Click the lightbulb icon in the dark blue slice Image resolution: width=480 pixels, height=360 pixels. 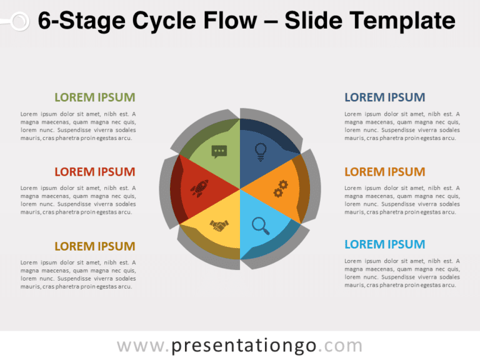261,150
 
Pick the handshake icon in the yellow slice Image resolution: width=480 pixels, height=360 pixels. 219,225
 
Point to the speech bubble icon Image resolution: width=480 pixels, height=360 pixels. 219,151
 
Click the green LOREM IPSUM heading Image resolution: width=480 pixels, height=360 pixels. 94,97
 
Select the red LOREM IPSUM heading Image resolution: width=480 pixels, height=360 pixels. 94,171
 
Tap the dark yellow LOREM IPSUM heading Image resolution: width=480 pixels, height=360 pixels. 94,246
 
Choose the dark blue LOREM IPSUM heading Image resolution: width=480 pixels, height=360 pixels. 384,97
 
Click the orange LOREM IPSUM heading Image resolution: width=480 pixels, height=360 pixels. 384,171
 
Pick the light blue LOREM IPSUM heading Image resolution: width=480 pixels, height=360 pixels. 384,244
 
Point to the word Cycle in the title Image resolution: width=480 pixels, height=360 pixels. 164,21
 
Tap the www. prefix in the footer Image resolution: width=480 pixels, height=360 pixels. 142,346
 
